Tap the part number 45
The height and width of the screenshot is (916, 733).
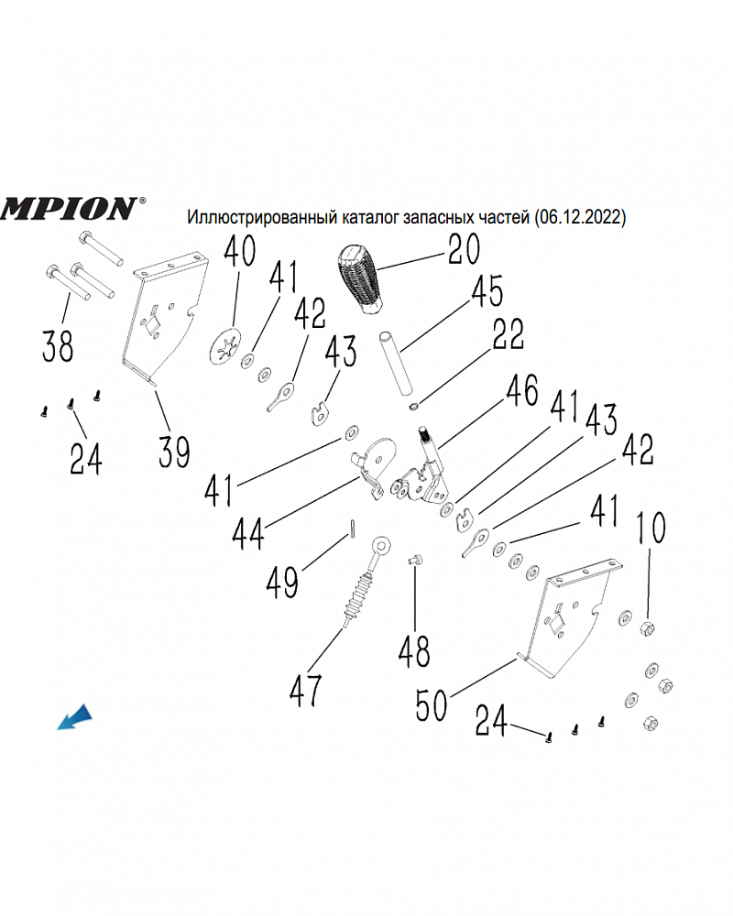[487, 292]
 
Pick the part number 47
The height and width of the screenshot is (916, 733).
[305, 689]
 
